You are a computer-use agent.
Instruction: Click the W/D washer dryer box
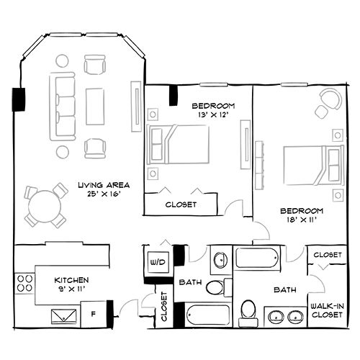tap(158, 262)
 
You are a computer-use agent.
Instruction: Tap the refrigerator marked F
tap(94, 314)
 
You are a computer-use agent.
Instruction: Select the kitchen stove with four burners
tap(25, 284)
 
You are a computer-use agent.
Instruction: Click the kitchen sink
tap(64, 316)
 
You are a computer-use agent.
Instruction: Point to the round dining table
tap(45, 206)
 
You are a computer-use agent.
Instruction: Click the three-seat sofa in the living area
tap(63, 107)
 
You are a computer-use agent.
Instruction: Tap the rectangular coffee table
tap(95, 107)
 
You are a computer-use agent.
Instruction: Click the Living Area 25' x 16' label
tap(104, 189)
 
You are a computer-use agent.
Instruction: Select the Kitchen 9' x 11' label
tap(71, 284)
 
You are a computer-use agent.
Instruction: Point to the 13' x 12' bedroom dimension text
tap(213, 115)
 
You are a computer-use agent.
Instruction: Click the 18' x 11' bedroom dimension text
tap(302, 220)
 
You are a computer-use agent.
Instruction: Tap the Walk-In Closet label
tap(327, 310)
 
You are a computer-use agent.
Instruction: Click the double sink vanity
tap(286, 317)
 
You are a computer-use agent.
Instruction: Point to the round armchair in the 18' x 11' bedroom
tap(331, 99)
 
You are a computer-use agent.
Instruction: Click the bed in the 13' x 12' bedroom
tap(178, 145)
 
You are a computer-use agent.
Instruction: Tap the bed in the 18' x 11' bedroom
tap(314, 165)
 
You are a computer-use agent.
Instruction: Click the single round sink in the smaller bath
tap(221, 260)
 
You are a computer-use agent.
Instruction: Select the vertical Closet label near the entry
tap(164, 307)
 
